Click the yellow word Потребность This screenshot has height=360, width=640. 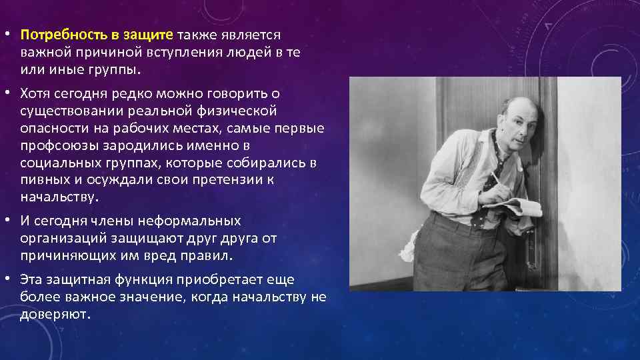coord(59,34)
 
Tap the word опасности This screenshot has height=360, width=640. coord(53,127)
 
